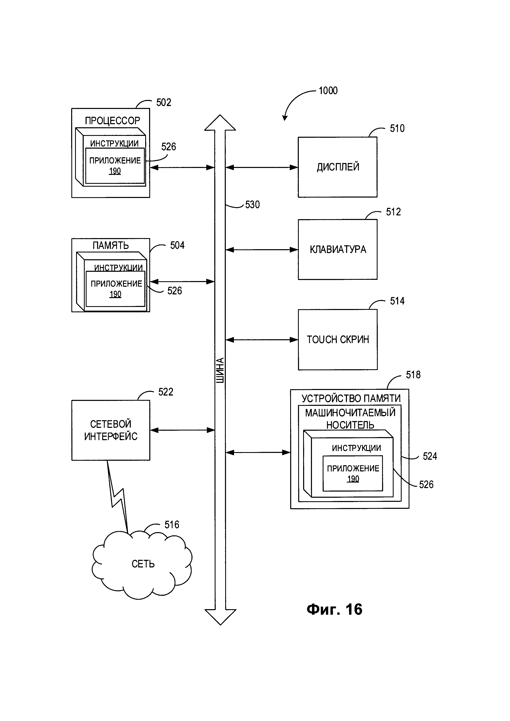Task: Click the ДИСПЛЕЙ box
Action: tap(338, 167)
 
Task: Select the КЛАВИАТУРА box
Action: tap(338, 249)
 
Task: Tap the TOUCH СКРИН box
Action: tap(338, 339)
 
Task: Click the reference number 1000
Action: tap(328, 91)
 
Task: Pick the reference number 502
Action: tap(164, 102)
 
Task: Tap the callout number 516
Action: tap(172, 525)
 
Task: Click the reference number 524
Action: tap(430, 456)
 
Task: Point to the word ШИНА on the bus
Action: tap(220, 370)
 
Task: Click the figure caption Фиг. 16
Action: tap(334, 609)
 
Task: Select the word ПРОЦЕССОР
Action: tap(112, 121)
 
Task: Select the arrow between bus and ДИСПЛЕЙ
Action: tap(262, 167)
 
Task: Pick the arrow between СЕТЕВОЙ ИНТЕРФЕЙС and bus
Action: tap(182, 430)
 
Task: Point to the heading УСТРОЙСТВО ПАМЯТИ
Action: tap(351, 398)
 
